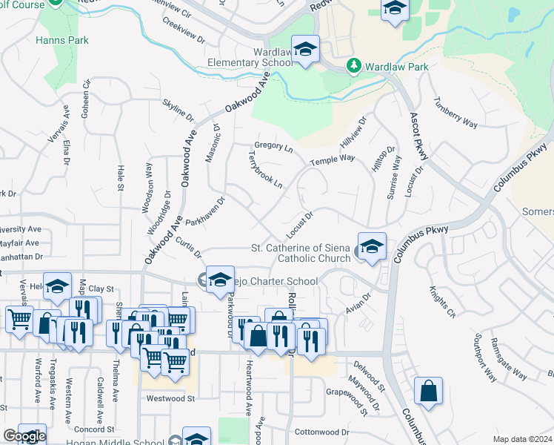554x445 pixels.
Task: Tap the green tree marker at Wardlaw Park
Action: coord(354,67)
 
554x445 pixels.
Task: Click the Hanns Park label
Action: coord(61,40)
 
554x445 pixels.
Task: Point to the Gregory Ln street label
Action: coord(273,147)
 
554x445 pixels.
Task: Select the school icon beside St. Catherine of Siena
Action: coord(372,247)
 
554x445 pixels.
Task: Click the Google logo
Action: coord(24,436)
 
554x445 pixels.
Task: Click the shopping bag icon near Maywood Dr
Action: coord(428,392)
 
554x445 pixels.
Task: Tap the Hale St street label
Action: coord(120,178)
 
